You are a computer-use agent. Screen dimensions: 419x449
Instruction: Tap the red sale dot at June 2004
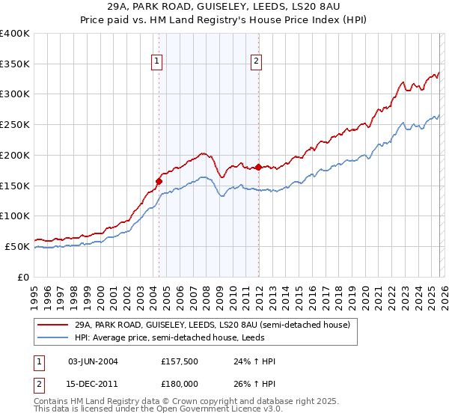point(159,180)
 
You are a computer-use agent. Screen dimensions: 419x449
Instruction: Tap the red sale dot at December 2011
point(259,167)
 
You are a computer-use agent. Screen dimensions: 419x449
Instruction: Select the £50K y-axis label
point(17,246)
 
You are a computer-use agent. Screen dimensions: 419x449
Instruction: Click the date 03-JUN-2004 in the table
point(93,361)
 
